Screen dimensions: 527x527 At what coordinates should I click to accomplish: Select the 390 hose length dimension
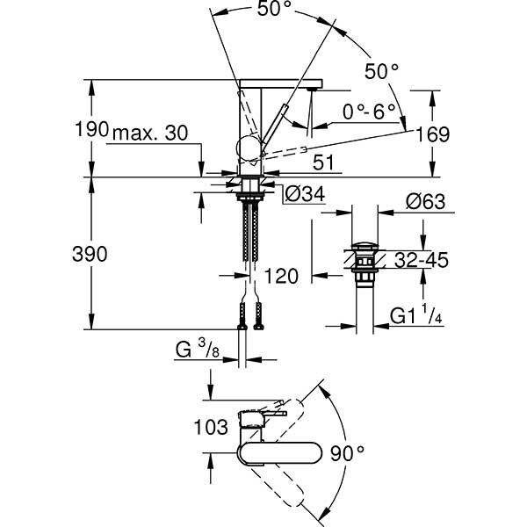pyautogui.click(x=90, y=254)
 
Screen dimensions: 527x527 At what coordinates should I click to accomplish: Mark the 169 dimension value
pyautogui.click(x=433, y=134)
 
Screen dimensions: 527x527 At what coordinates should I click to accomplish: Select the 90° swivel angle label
pyautogui.click(x=348, y=452)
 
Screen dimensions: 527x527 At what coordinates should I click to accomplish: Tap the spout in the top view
pyautogui.click(x=281, y=453)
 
